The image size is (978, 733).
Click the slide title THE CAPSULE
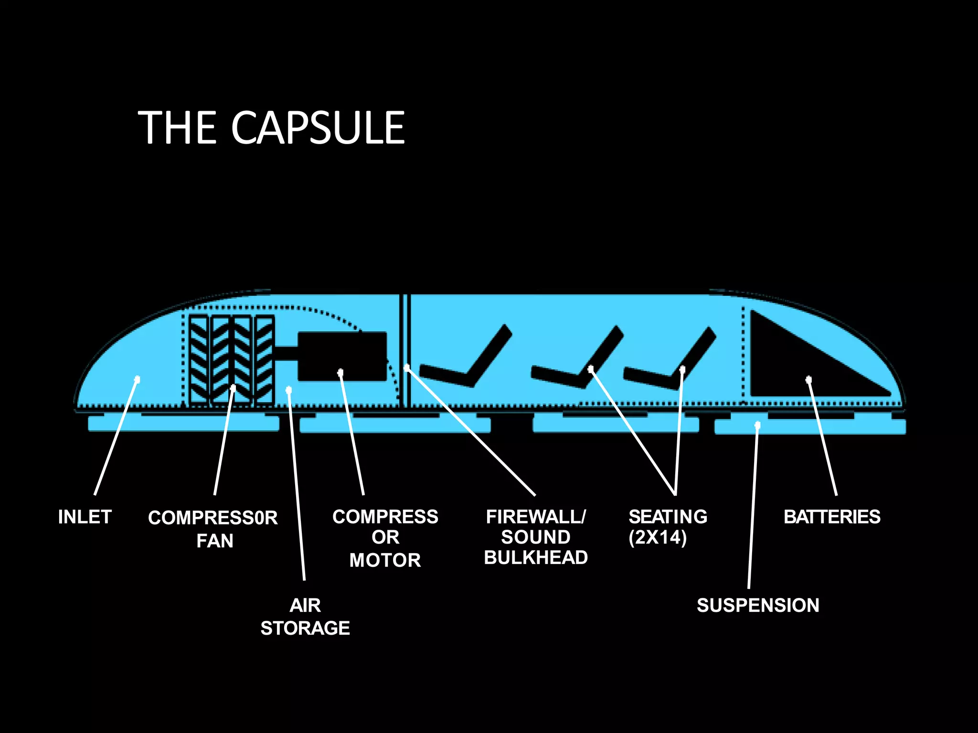pyautogui.click(x=271, y=127)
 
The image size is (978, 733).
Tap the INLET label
pyautogui.click(x=85, y=517)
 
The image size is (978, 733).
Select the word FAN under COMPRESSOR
pyautogui.click(x=215, y=541)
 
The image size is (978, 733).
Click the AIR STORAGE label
pyautogui.click(x=305, y=617)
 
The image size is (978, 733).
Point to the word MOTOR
pyautogui.click(x=385, y=560)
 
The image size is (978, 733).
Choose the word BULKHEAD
pyautogui.click(x=536, y=557)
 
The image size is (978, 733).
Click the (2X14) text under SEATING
pyautogui.click(x=658, y=537)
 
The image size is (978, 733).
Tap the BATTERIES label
pyautogui.click(x=832, y=517)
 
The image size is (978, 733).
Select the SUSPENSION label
pyautogui.click(x=758, y=605)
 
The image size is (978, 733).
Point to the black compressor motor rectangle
pyautogui.click(x=342, y=356)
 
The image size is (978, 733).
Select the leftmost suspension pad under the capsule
pyautogui.click(x=183, y=424)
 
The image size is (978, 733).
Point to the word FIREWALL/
pyautogui.click(x=536, y=517)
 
